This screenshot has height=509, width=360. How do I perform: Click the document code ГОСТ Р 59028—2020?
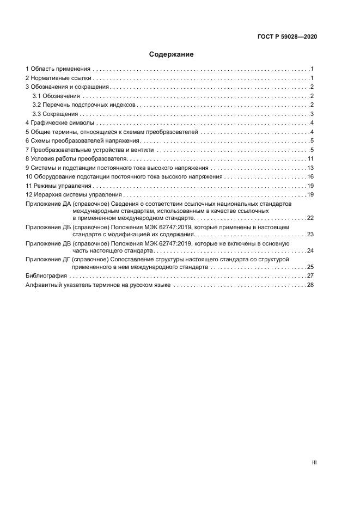(x=287, y=36)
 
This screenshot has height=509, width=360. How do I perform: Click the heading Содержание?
(x=172, y=54)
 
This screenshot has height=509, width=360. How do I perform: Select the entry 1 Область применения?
(x=58, y=69)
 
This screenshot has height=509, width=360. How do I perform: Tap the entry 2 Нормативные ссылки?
(x=59, y=78)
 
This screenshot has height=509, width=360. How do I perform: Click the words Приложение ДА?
(x=47, y=203)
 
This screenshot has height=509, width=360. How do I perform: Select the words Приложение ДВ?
(x=47, y=243)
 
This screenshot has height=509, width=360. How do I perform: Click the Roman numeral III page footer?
(x=314, y=462)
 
